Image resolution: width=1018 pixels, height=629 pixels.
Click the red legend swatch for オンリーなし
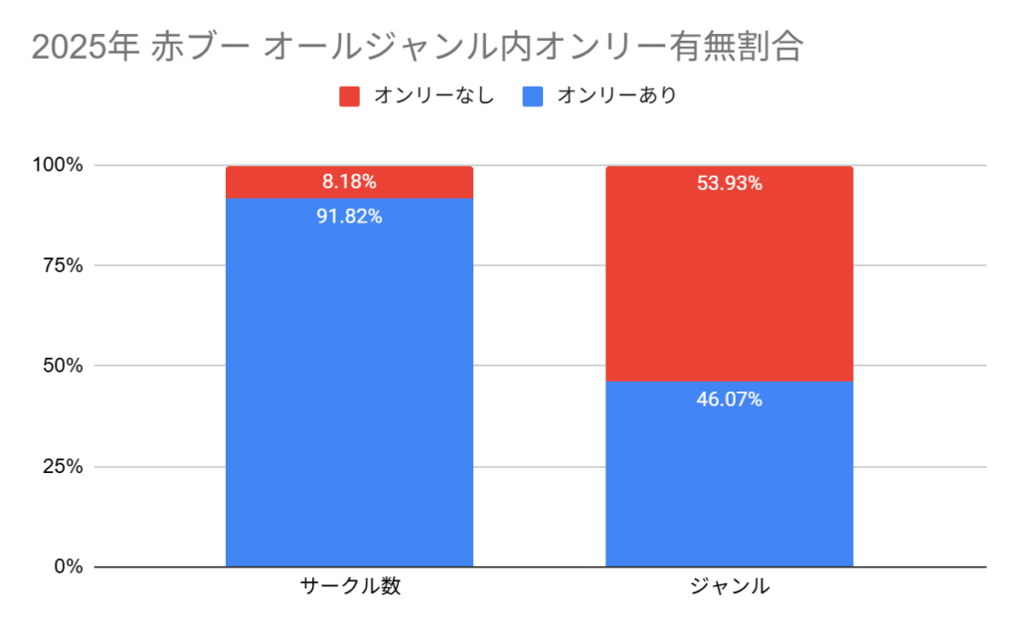click(349, 96)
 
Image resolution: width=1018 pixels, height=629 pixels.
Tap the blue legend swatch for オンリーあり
click(533, 96)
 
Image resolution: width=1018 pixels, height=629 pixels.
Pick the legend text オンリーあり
click(616, 96)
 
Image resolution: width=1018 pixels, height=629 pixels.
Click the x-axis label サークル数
click(350, 586)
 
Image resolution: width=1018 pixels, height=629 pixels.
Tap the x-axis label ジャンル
click(730, 586)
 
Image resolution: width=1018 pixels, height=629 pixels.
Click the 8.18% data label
click(349, 182)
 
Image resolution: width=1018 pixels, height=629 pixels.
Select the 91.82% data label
click(349, 217)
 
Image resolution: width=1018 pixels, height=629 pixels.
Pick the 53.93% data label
click(730, 183)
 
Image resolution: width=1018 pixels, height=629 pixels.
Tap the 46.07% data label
click(730, 399)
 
